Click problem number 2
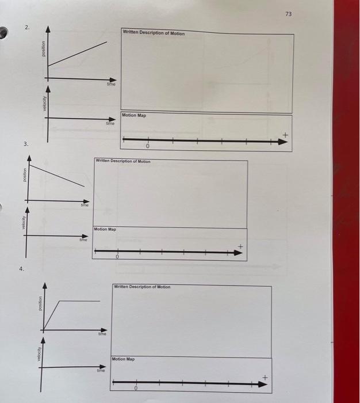click(26, 28)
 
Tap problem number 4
click(21, 269)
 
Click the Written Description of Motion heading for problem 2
click(154, 33)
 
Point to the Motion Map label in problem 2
click(135, 115)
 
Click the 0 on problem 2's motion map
click(148, 148)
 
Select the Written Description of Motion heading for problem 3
click(123, 162)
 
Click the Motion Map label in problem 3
click(105, 229)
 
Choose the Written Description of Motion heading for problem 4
click(142, 287)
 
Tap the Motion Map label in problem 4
click(124, 359)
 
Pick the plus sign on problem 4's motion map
click(265, 377)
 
